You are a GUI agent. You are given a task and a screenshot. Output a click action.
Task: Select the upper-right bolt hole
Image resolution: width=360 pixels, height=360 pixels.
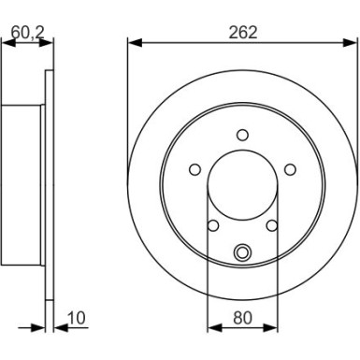pyautogui.click(x=290, y=168)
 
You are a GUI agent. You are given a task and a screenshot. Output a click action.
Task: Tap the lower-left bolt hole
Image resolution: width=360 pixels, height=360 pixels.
pyautogui.click(x=212, y=225)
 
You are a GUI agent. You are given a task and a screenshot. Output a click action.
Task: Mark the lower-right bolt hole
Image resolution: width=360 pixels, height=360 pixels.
pyautogui.click(x=272, y=225)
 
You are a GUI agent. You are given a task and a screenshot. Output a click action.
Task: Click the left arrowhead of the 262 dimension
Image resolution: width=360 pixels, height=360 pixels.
pyautogui.click(x=132, y=42)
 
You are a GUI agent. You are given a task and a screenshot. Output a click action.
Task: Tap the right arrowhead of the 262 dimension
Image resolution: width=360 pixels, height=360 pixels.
pyautogui.click(x=353, y=42)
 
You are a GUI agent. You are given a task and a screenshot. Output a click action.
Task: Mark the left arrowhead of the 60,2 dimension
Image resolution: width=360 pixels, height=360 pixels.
pyautogui.click(x=7, y=42)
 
